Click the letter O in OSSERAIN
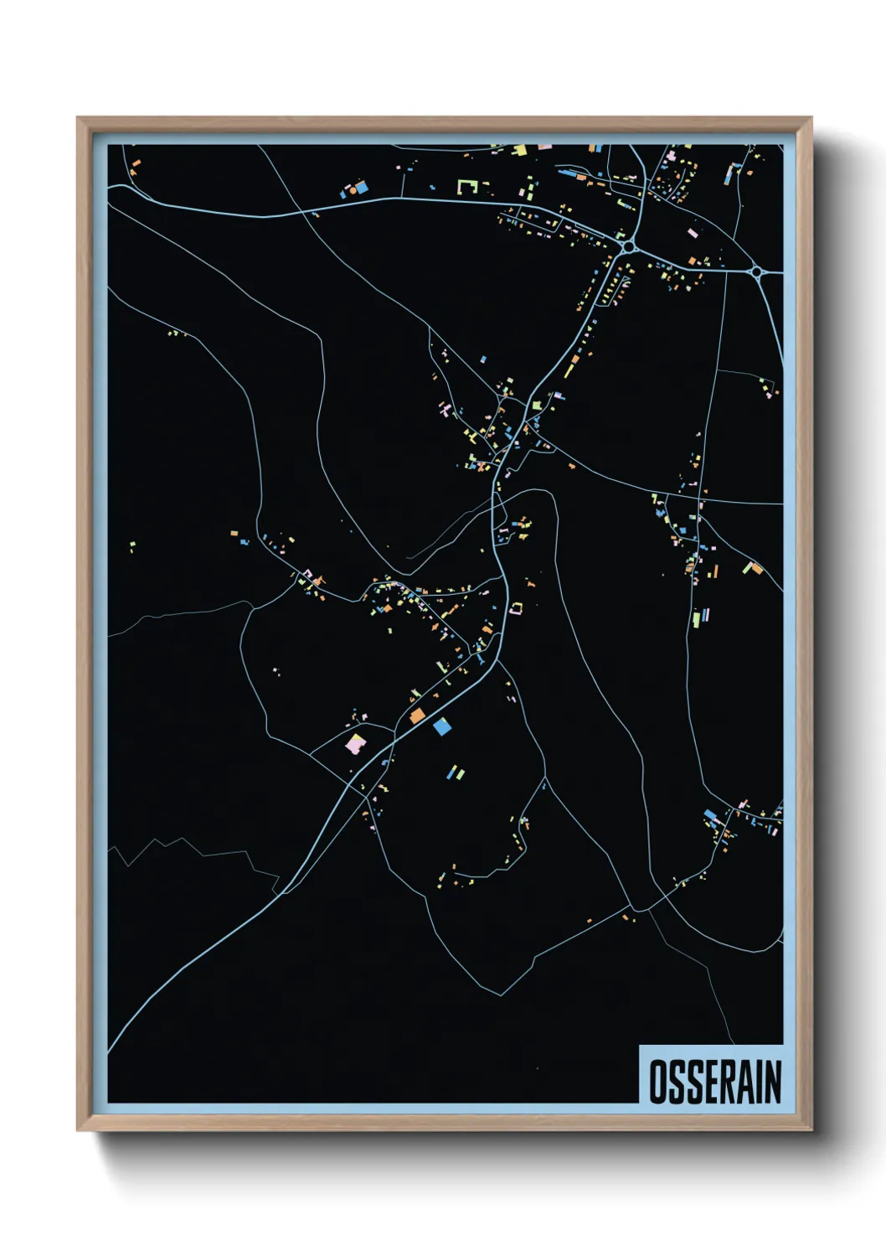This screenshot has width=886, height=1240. [x=658, y=1082]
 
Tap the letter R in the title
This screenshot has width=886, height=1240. [x=729, y=1082]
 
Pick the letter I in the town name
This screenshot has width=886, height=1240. [x=757, y=1082]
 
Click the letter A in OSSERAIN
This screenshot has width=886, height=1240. [x=744, y=1082]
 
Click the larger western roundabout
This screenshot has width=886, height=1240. [x=628, y=247]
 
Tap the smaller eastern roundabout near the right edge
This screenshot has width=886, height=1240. [x=756, y=271]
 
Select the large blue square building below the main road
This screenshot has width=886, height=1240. [x=441, y=726]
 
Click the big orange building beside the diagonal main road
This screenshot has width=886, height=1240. [x=417, y=716]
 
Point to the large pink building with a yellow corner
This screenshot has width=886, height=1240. [x=356, y=743]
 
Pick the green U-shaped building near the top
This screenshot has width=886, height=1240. [x=466, y=186]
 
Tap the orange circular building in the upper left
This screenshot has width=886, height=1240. [x=353, y=189]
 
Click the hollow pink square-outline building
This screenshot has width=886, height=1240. [x=517, y=607]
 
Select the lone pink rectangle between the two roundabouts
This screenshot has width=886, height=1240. [x=692, y=233]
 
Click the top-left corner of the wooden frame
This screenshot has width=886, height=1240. [x=79, y=119]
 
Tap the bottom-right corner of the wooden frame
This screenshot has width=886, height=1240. [x=810, y=1129]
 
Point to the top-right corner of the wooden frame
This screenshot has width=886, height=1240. [x=810, y=119]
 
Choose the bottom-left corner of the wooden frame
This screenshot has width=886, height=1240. [x=79, y=1129]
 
